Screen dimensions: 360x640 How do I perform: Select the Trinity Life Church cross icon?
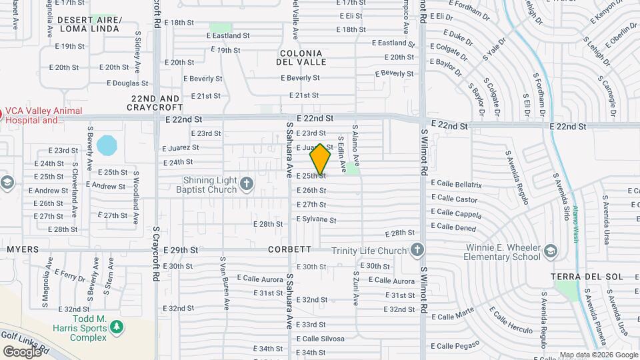pyautogui.click(x=417, y=251)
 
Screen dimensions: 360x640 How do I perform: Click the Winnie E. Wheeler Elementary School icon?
pyautogui.click(x=550, y=251)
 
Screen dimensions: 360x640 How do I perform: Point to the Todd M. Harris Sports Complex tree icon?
pyautogui.click(x=117, y=327)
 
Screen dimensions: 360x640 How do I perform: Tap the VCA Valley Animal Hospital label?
pyautogui.click(x=44, y=116)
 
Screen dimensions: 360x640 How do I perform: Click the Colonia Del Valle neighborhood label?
pyautogui.click(x=301, y=57)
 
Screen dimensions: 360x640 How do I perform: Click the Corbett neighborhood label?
pyautogui.click(x=290, y=249)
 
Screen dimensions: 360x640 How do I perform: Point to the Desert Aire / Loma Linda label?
pyautogui.click(x=89, y=25)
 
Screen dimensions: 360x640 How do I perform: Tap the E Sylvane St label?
pyautogui.click(x=317, y=219)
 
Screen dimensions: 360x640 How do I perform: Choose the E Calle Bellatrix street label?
pyautogui.click(x=456, y=183)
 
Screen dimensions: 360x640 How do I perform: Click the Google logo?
pyautogui.click(x=22, y=351)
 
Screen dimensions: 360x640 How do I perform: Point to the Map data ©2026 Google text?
pyautogui.click(x=597, y=355)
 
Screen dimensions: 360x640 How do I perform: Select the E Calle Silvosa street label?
pyautogui.click(x=321, y=339)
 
